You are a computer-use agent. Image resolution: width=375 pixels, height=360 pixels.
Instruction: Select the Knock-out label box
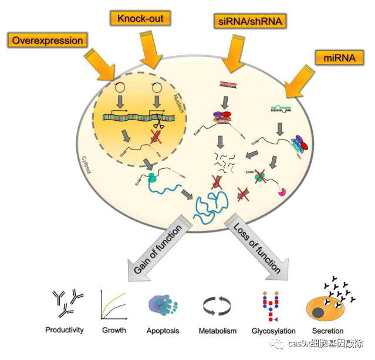point(141,18)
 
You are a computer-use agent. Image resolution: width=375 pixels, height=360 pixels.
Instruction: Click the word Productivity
point(65,330)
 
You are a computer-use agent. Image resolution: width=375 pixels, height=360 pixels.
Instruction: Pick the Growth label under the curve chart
point(114,330)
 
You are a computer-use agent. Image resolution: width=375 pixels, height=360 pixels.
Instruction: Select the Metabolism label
point(217,331)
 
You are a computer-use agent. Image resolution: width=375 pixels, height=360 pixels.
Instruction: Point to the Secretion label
point(327,331)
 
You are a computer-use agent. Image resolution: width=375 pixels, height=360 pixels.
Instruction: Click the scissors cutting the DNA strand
point(158,124)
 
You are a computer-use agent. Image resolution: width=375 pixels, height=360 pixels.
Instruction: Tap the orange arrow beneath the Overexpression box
point(102,63)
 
